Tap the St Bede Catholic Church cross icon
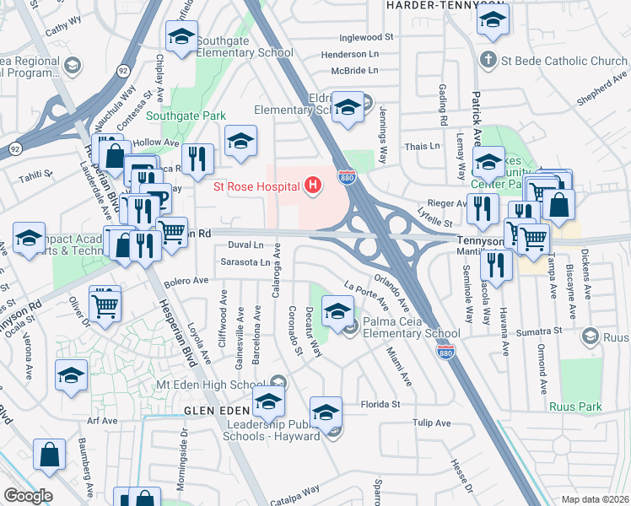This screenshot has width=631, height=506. [487, 61]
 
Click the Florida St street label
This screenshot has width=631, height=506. [380, 404]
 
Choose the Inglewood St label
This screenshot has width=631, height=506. [366, 38]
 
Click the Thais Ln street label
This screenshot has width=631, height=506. [423, 146]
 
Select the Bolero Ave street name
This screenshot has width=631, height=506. [186, 280]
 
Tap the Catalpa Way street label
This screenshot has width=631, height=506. [295, 489]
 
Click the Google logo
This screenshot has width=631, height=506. [27, 496]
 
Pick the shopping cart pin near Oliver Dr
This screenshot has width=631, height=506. [105, 305]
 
